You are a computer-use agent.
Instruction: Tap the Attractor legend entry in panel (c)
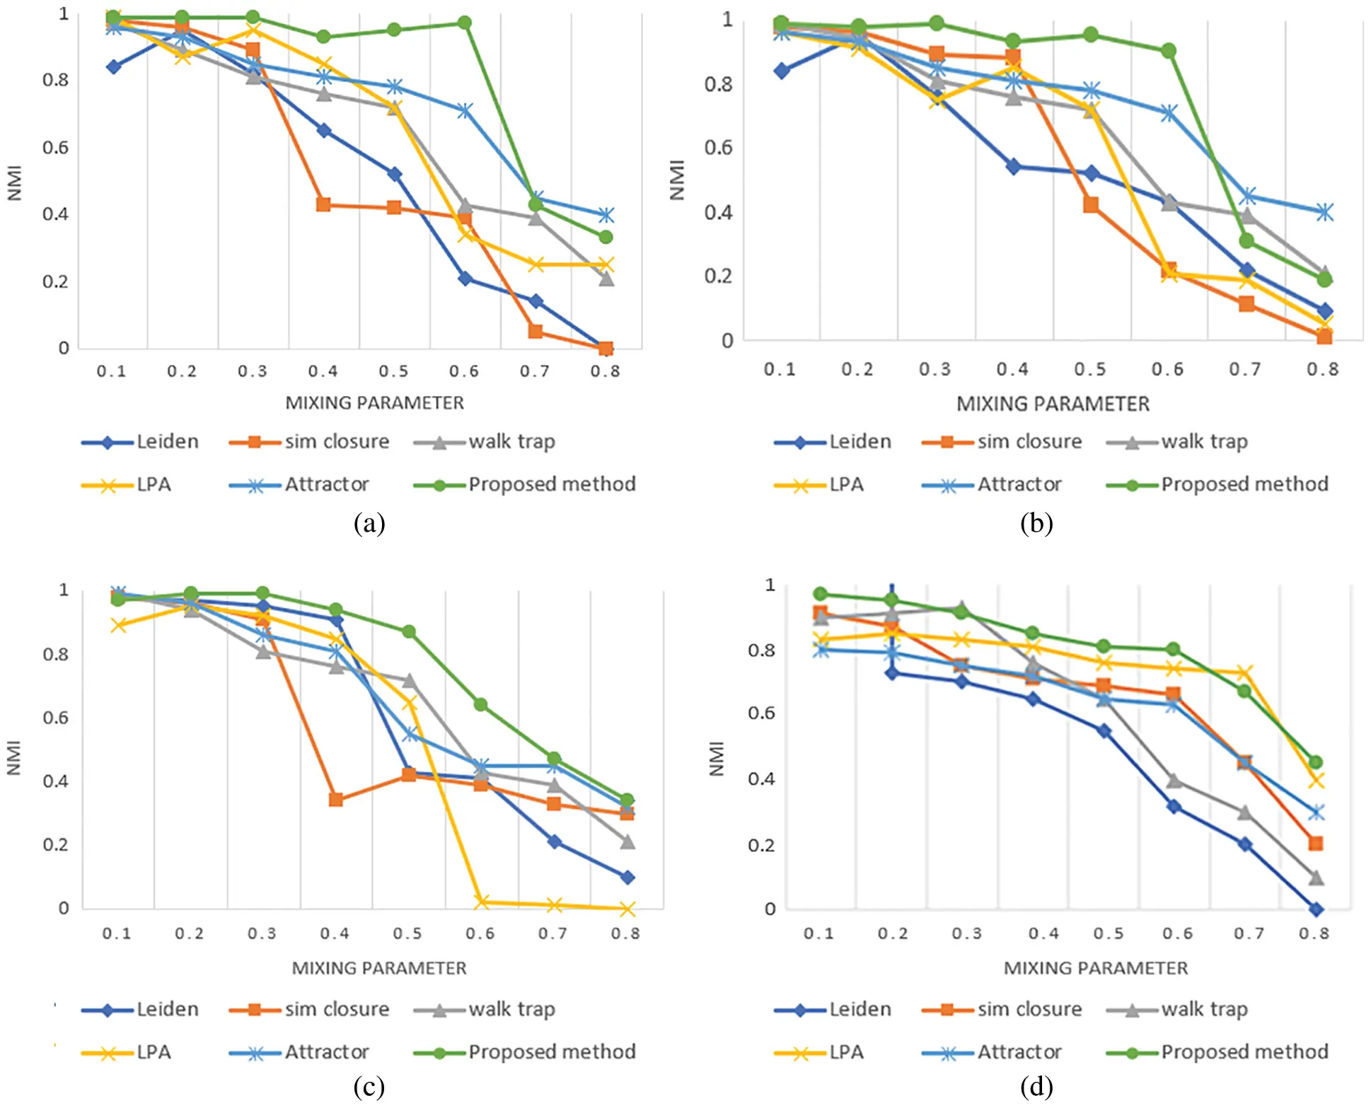pos(299,1052)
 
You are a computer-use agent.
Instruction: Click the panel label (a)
pos(369,523)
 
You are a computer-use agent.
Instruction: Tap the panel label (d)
pos(1036,1086)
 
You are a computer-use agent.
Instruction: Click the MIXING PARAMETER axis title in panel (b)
pos(1053,404)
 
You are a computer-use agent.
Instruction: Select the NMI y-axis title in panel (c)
pos(13,758)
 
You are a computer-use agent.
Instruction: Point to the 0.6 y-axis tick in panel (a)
pos(56,147)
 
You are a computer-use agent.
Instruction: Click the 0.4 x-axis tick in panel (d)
pos(1043,933)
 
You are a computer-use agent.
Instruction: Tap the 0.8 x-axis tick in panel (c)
pos(625,933)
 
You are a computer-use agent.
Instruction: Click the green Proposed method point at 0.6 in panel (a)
pos(464,23)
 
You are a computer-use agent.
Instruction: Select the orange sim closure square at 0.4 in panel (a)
pos(323,205)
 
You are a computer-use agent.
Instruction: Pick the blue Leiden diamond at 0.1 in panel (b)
pos(781,71)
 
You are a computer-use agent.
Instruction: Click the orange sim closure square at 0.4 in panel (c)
pos(336,800)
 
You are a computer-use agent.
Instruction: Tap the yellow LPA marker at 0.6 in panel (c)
pos(481,902)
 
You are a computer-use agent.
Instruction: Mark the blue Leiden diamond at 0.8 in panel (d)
pos(1316,909)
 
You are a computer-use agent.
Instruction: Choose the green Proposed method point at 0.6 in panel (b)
pos(1168,51)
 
